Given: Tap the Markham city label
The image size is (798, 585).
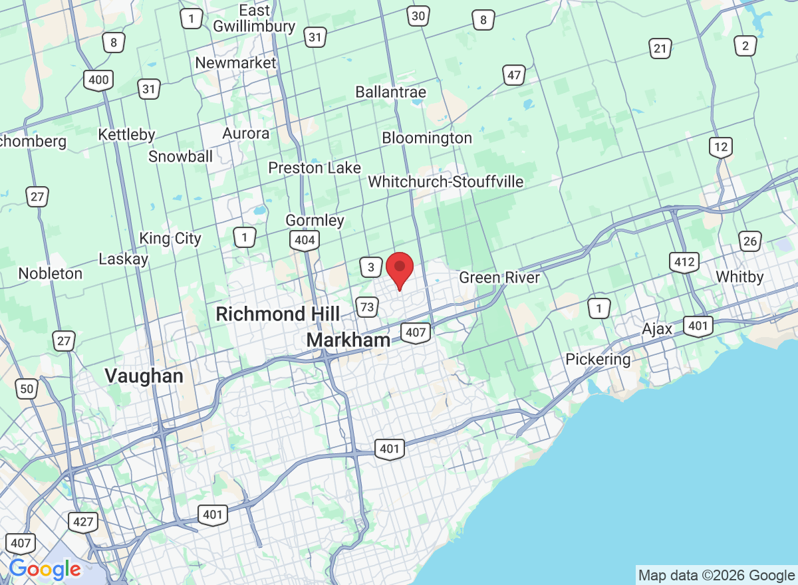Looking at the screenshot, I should pos(348,340).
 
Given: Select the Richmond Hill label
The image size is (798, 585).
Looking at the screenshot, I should pos(278,314).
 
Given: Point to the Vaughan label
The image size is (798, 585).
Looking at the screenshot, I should pos(144,376).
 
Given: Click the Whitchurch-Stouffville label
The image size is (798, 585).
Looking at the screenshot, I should pos(446,181).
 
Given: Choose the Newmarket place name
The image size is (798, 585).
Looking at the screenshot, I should pos(235,62).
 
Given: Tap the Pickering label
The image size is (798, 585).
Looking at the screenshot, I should pos(598,360).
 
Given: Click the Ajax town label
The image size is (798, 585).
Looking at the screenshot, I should pos(657,329).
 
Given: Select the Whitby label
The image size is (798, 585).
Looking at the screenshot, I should pos(739,277).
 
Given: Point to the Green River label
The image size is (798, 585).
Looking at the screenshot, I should pos(499,277).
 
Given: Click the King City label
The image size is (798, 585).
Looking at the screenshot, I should pos(170,239).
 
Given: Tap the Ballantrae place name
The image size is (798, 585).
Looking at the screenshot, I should pos(390,92).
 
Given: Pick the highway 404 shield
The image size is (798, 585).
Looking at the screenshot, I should pos(305,240).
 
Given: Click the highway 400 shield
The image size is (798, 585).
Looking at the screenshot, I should pos(98,80).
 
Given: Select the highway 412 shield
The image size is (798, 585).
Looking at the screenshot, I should pos(684,263).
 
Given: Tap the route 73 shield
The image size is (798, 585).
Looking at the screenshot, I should pos(366,306).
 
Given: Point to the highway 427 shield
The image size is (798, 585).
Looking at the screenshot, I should pos(83,522).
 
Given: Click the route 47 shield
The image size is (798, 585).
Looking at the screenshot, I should pos(513,75).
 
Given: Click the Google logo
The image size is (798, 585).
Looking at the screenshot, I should pos(45,569).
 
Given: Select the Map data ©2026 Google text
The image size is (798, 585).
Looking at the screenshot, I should pos(716,575).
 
